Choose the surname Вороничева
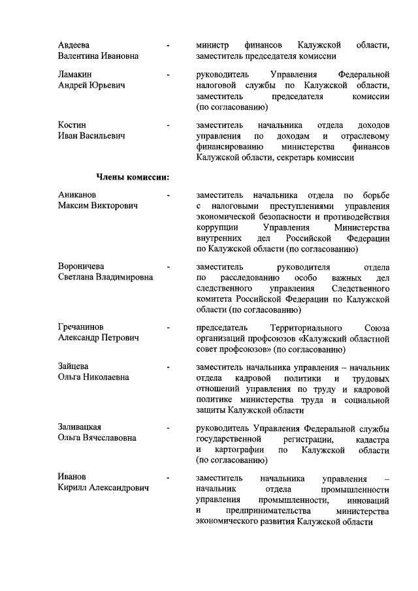tap(82, 266)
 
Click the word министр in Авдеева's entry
tap(212, 46)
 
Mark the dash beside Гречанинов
tap(169, 327)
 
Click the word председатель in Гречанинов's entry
tap(223, 327)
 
